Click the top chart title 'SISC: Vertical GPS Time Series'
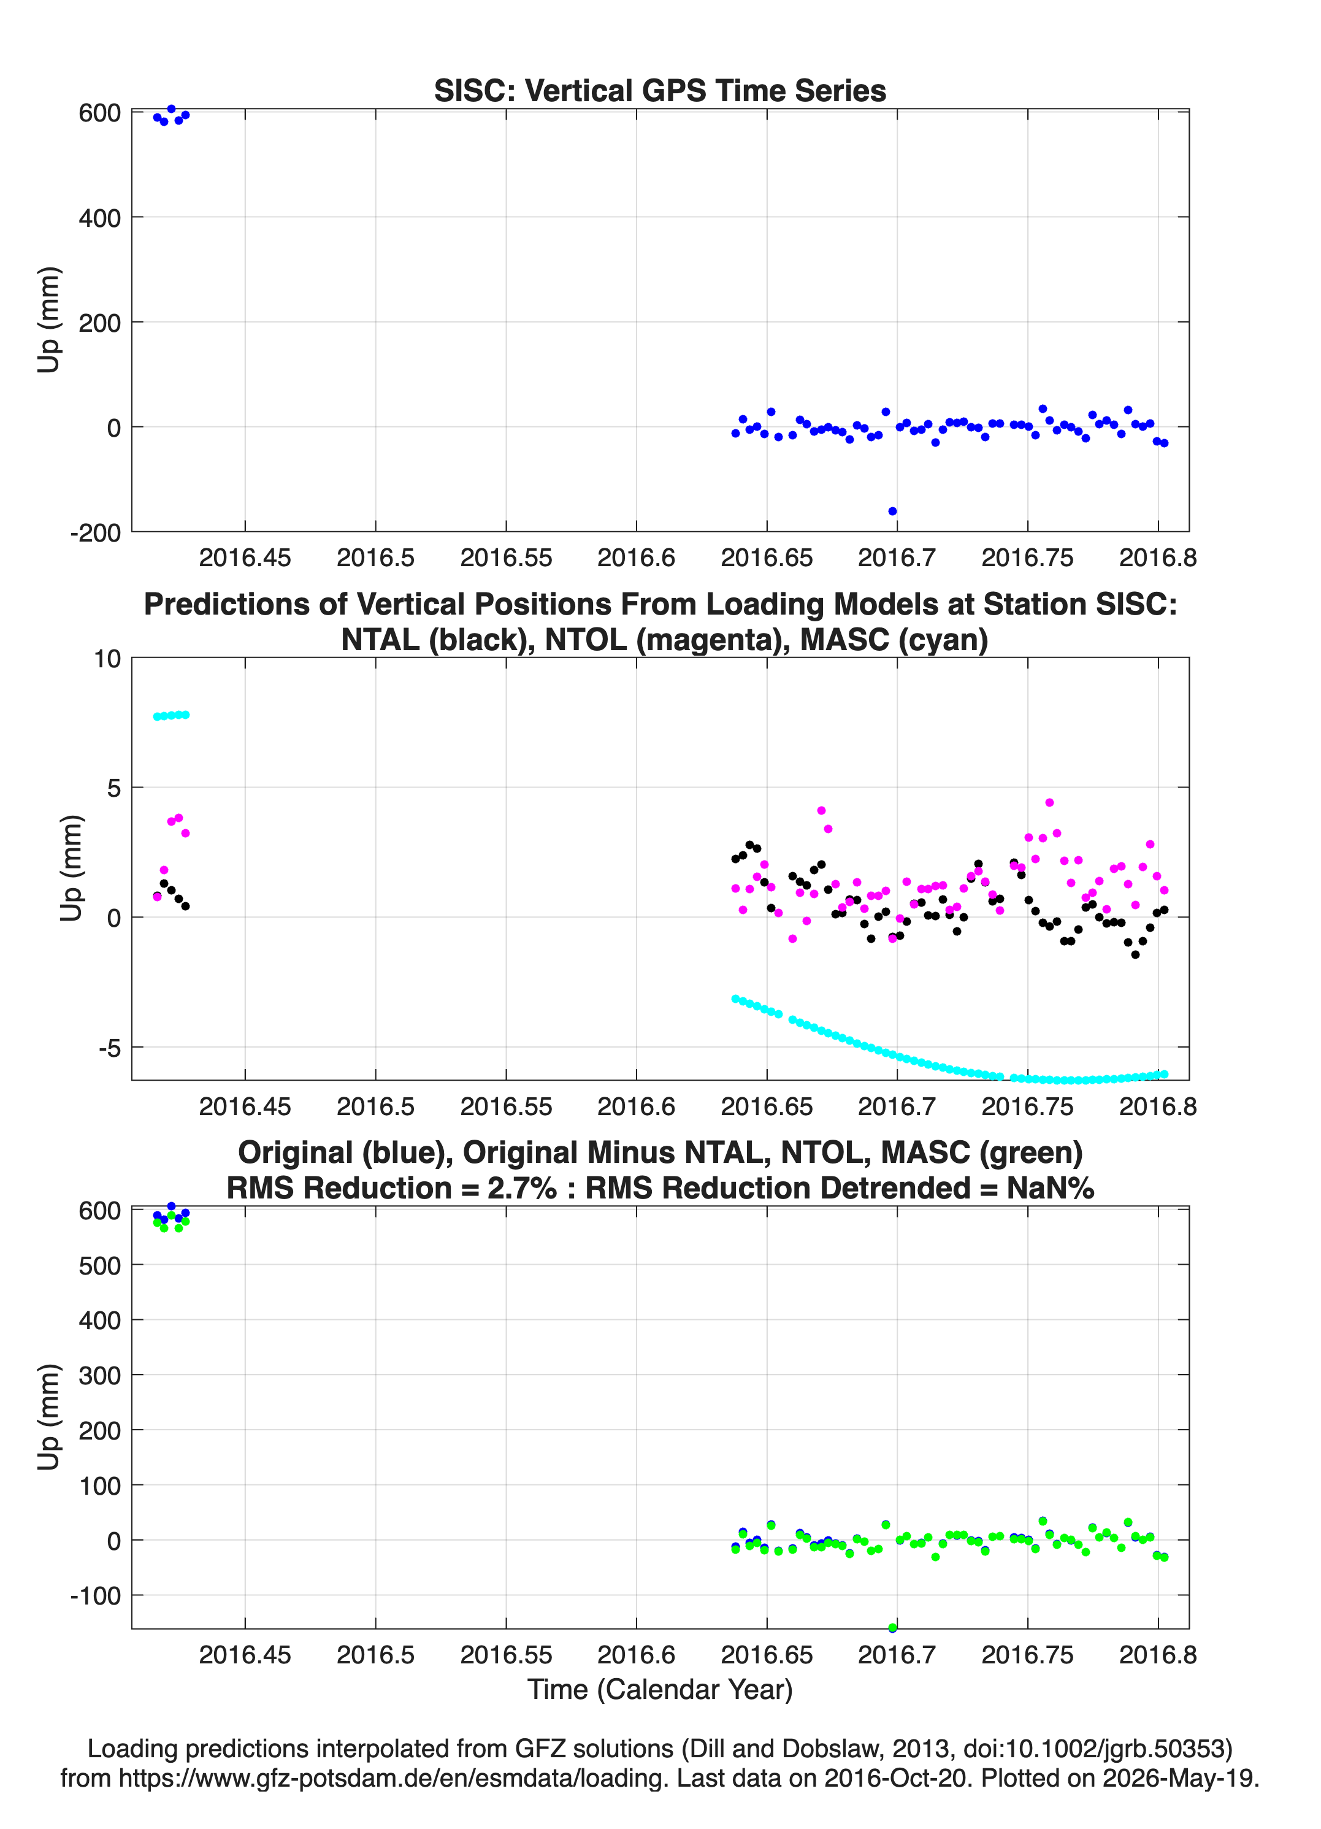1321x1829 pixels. [660, 90]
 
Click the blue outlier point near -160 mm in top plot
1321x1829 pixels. [892, 512]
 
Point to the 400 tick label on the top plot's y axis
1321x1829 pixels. [100, 218]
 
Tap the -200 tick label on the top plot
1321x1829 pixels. [95, 533]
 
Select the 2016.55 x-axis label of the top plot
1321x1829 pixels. [507, 558]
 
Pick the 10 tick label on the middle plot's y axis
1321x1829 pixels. [107, 659]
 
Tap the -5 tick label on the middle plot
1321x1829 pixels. [110, 1048]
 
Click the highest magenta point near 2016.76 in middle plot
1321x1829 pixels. [1049, 802]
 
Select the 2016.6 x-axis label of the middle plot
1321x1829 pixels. [637, 1106]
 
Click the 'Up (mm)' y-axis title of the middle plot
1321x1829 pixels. [71, 868]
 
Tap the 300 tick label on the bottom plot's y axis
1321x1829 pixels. [100, 1375]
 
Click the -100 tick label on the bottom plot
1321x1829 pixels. [95, 1596]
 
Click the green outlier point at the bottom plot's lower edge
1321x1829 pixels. [892, 1627]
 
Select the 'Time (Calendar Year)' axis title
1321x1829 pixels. [660, 1690]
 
